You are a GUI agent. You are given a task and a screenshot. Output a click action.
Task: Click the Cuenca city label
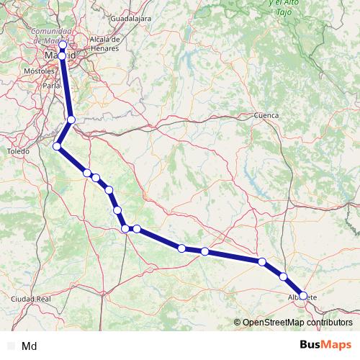(266, 115)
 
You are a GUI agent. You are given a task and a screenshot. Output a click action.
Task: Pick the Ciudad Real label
(29, 298)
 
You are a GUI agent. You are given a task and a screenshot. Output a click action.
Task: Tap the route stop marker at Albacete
(303, 295)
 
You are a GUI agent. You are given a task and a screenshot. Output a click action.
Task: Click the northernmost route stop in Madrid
(63, 45)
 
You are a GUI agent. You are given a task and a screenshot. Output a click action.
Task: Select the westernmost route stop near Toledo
(57, 147)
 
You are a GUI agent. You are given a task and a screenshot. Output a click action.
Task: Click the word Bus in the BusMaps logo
(312, 345)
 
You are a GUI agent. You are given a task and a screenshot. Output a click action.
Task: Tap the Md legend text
(30, 346)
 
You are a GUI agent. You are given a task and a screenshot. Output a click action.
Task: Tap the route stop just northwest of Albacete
(284, 276)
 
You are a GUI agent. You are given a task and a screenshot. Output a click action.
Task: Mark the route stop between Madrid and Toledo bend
(71, 120)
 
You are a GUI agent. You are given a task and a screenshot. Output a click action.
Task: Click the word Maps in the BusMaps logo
(336, 345)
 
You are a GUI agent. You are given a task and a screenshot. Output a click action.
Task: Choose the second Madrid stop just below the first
(63, 55)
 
